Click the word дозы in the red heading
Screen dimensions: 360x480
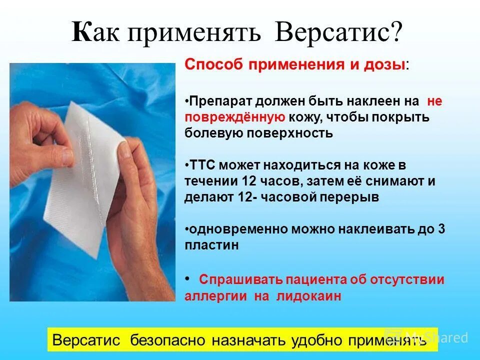tap(384, 65)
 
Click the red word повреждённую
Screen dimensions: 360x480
tap(235, 117)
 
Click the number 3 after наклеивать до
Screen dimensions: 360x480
tap(441, 229)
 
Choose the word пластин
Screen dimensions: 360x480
tap(211, 245)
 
